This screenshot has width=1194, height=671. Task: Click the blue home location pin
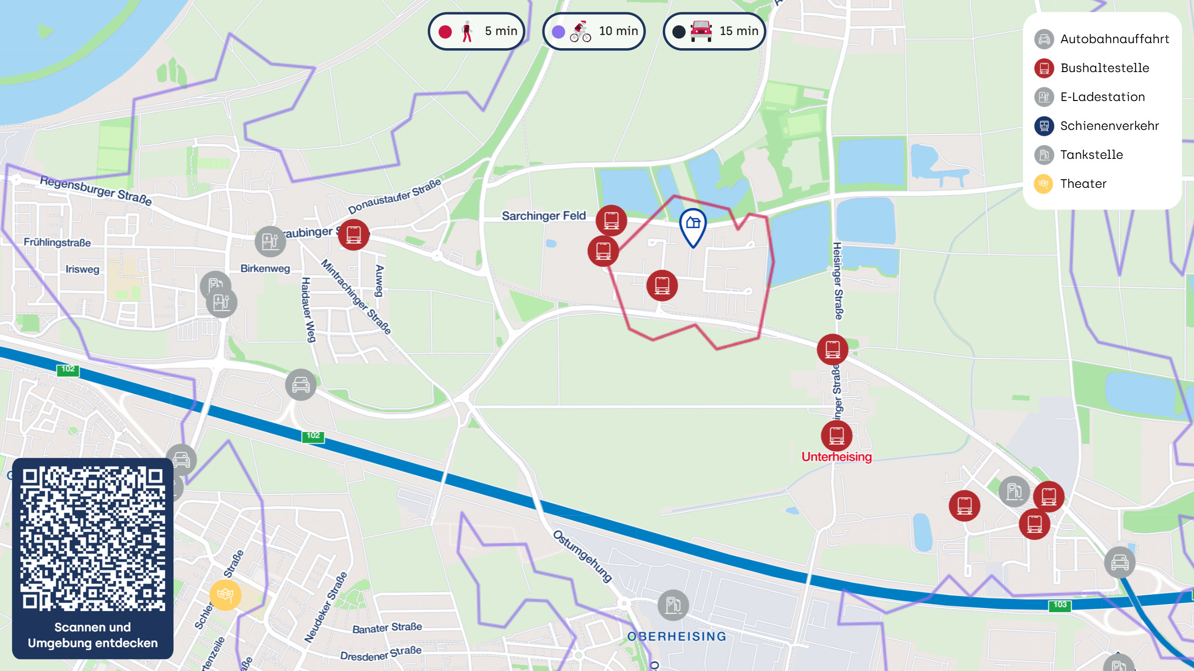pos(693,225)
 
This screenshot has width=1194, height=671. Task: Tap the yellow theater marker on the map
pos(225,594)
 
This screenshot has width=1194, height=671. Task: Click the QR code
pos(93,539)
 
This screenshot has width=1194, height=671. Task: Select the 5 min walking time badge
pos(476,31)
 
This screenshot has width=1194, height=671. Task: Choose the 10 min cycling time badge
pos(594,31)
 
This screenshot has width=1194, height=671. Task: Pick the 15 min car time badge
pos(714,31)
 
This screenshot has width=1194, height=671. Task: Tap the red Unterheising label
pos(836,457)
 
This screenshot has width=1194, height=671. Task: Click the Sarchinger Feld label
pos(543,216)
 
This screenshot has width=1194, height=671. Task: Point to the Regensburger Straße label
pos(96,190)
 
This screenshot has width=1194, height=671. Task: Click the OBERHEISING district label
pos(676,636)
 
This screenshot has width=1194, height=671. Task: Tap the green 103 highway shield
pos(1060,605)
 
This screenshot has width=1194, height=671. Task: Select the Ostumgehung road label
pos(583,556)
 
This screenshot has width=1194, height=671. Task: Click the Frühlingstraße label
pos(57,243)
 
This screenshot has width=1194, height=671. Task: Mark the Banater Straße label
pos(387,628)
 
